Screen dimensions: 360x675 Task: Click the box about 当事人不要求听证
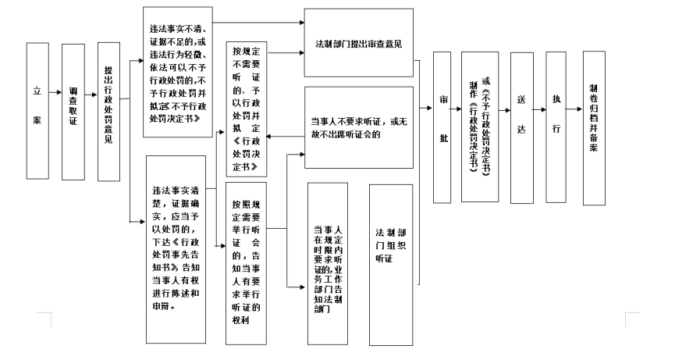point(358,127)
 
